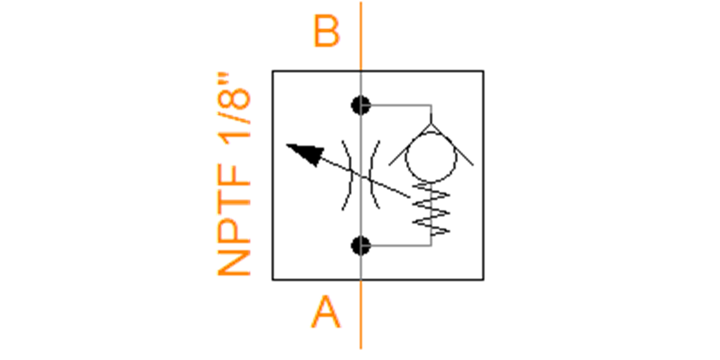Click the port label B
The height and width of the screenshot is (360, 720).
pyautogui.click(x=326, y=31)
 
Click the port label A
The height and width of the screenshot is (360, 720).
pyautogui.click(x=326, y=312)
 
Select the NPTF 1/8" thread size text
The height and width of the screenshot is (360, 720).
pyautogui.click(x=233, y=174)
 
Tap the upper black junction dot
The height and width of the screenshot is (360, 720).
pyautogui.click(x=361, y=106)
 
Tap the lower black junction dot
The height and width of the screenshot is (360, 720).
pyautogui.click(x=361, y=245)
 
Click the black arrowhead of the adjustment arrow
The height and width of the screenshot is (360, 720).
pyautogui.click(x=307, y=154)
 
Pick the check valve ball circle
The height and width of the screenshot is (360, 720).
pyautogui.click(x=431, y=157)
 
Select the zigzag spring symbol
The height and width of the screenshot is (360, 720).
pyautogui.click(x=431, y=209)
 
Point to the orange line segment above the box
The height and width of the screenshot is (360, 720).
pyautogui.click(x=361, y=36)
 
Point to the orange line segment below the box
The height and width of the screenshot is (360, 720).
pyautogui.click(x=361, y=314)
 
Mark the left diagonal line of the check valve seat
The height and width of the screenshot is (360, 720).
pyautogui.click(x=410, y=145)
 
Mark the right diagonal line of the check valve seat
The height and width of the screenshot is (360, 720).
pyautogui.click(x=452, y=145)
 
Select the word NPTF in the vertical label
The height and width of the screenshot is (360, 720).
pyautogui.click(x=233, y=220)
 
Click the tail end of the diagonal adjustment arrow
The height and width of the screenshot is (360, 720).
pyautogui.click(x=410, y=197)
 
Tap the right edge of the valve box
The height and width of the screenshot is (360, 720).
pyautogui.click(x=483, y=175)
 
